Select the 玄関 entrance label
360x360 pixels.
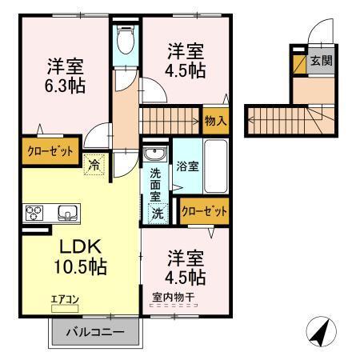[x=321, y=60]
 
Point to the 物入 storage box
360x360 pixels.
[x=215, y=121]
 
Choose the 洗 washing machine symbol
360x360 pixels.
[x=158, y=214]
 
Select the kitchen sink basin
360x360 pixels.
[x=66, y=213]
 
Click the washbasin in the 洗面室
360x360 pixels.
[x=154, y=154]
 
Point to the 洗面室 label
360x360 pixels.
[x=155, y=183]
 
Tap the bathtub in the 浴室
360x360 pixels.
[x=216, y=165]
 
